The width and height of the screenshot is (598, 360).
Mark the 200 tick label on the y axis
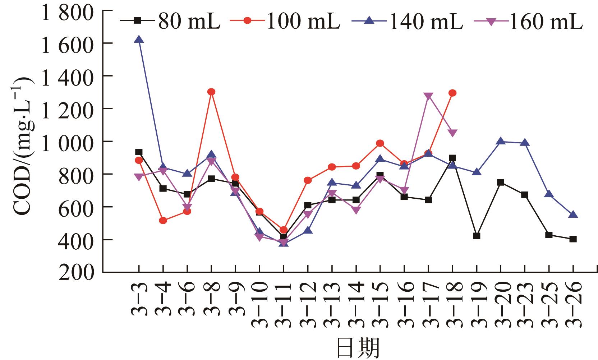[77, 273]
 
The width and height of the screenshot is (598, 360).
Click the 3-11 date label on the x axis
[284, 304]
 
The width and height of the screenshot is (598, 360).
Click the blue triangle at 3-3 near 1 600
[139, 40]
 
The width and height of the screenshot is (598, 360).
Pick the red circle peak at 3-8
[211, 92]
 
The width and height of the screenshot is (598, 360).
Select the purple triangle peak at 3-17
[428, 96]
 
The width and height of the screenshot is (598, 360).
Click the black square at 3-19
[477, 236]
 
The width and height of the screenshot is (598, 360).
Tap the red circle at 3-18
[452, 93]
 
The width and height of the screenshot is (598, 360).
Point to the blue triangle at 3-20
[501, 141]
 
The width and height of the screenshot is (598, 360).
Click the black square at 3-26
[573, 239]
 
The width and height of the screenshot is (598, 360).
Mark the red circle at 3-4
[163, 220]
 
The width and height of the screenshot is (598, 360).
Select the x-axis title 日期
[357, 347]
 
